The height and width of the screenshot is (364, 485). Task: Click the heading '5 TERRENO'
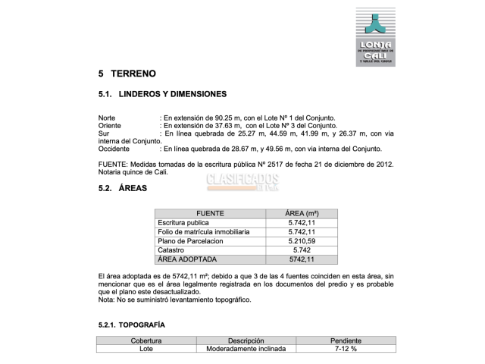point(127,74)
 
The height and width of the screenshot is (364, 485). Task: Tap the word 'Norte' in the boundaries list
point(108,118)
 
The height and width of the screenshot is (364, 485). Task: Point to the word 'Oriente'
point(111,126)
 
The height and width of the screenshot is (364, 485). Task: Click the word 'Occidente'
point(114,149)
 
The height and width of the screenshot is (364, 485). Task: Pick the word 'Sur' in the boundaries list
point(104,133)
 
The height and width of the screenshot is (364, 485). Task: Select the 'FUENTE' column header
point(210,214)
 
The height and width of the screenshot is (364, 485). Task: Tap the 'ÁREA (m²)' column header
point(302,214)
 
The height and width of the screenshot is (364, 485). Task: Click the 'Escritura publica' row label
point(183,223)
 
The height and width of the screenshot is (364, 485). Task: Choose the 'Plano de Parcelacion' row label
point(190,241)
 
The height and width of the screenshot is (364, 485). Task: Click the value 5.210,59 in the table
point(302,241)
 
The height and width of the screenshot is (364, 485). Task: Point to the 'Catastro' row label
point(171,250)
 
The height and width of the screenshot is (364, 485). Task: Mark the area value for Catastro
point(302,250)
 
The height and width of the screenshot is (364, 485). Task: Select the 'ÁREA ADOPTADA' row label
point(186,259)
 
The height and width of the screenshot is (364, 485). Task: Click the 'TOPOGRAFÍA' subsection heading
point(131,325)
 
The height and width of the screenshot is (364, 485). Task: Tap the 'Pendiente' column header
point(346,341)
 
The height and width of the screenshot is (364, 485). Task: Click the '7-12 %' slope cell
point(346,350)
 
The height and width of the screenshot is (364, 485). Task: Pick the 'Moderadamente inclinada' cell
point(246,350)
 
